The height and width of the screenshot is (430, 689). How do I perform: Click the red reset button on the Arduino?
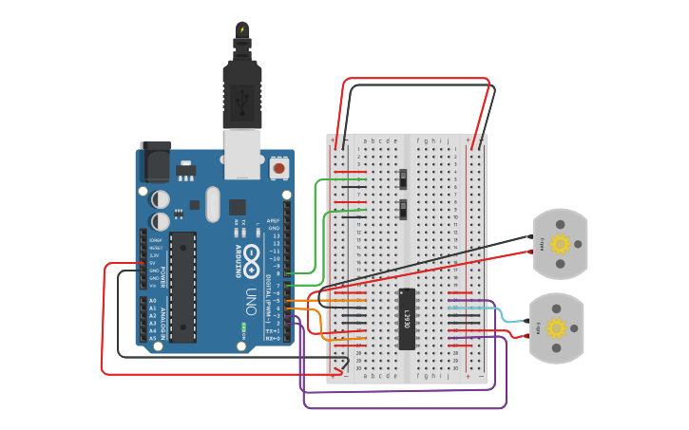point(278,168)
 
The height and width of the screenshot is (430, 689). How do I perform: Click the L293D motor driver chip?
point(407,319)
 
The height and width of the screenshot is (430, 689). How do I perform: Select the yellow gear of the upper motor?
point(560,244)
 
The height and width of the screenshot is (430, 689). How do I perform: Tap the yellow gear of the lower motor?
point(556,328)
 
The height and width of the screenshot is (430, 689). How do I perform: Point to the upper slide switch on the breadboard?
point(403,178)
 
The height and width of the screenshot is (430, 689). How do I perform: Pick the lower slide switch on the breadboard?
point(403,209)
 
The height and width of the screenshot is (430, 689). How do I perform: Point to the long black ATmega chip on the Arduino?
point(183,286)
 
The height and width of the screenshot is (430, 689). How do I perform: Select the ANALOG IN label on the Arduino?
point(163,319)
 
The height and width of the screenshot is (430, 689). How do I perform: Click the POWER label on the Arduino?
point(163,275)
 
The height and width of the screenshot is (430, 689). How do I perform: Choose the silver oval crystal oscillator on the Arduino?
point(212,202)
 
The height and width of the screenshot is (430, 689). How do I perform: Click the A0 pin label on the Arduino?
point(152,301)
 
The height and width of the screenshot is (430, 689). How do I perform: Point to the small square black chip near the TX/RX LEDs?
point(237,207)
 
